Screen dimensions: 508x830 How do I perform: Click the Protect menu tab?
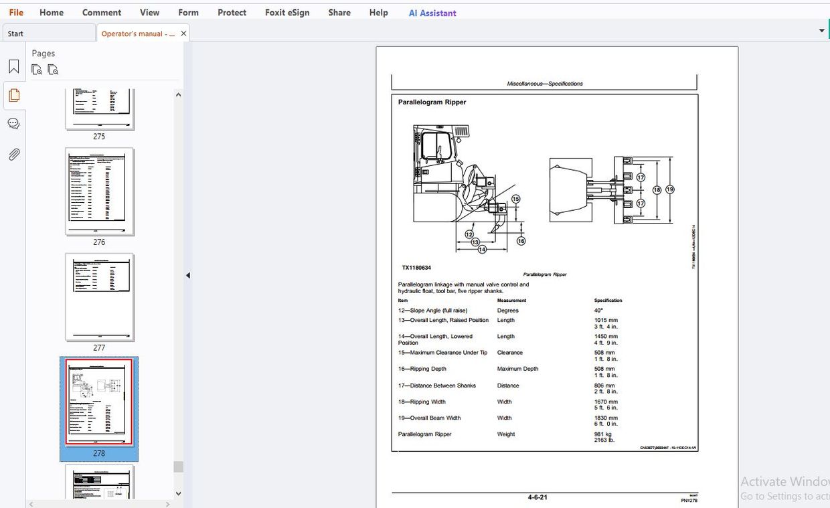tap(232, 13)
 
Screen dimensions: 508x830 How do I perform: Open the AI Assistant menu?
tap(432, 13)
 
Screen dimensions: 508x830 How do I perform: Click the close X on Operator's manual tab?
tap(183, 33)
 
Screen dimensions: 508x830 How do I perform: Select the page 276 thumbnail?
tap(99, 192)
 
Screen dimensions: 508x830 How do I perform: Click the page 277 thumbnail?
tap(99, 297)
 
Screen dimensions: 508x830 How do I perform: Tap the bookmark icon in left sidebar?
tap(13, 67)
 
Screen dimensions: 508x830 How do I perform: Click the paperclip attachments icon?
tap(13, 155)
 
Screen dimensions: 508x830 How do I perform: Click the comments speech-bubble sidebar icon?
tap(13, 124)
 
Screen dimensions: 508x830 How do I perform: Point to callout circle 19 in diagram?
tap(669, 190)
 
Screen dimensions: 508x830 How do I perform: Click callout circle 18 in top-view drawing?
tap(657, 190)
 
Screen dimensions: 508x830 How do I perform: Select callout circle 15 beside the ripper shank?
tap(515, 199)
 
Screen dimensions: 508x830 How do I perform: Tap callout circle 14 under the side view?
tap(481, 250)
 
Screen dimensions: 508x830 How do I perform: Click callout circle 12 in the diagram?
tap(469, 234)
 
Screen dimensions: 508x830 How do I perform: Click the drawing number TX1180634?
tap(416, 268)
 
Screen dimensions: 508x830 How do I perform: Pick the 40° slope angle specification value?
tap(598, 311)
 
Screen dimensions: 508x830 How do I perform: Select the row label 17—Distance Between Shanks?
tap(437, 386)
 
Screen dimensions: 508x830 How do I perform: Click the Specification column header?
tap(608, 301)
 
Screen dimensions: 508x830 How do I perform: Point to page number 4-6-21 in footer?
tap(537, 497)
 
